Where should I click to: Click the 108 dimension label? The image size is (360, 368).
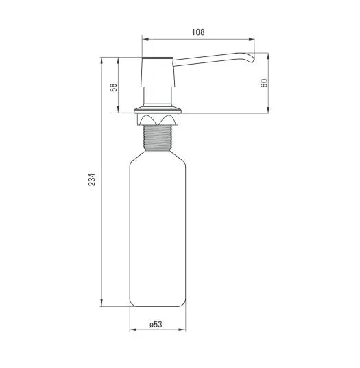click(198, 32)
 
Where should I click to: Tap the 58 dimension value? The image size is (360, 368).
click(113, 87)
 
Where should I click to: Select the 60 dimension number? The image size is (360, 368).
click(264, 83)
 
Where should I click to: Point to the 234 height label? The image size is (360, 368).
click(92, 180)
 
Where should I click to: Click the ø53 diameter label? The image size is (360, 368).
click(156, 324)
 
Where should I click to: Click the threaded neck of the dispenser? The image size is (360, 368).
click(158, 137)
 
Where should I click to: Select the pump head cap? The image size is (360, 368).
click(158, 72)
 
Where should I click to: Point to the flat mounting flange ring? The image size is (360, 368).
click(158, 111)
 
